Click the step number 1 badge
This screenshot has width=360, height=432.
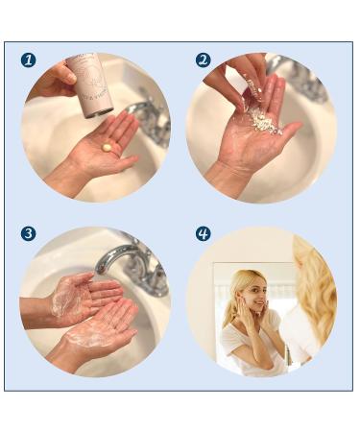tap(29, 60)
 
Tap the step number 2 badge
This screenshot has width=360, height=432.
tap(203, 60)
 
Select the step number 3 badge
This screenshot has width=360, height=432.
tap(29, 233)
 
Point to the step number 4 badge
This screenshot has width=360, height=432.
tap(203, 233)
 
